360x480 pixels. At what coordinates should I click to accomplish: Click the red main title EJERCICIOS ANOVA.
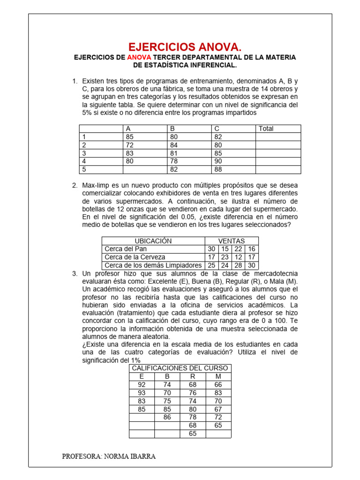pos(185,46)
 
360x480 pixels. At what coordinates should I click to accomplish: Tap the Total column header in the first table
pos(266,128)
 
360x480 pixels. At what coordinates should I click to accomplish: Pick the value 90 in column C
pos(218,161)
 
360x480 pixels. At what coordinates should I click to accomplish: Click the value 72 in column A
pos(130,145)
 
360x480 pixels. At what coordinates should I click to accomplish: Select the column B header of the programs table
pos(172,128)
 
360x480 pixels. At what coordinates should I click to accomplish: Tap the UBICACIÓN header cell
pos(153,241)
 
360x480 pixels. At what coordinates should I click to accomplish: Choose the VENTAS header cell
pos(231,241)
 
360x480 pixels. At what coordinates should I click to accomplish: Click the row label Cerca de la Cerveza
pos(135,257)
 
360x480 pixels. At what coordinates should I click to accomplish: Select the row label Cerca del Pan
pos(126,249)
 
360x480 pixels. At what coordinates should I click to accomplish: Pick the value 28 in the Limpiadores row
pos(239,265)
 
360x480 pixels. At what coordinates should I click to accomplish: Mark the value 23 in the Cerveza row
pos(225,257)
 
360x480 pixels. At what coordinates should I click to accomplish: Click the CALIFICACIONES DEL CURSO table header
pos(180,368)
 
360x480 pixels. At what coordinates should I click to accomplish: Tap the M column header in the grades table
pos(218,376)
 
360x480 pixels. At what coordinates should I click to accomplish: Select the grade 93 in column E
pos(142,393)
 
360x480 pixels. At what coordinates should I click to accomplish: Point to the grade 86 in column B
pos(167,417)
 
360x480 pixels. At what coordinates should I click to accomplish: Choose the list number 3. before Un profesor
pos(75,273)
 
